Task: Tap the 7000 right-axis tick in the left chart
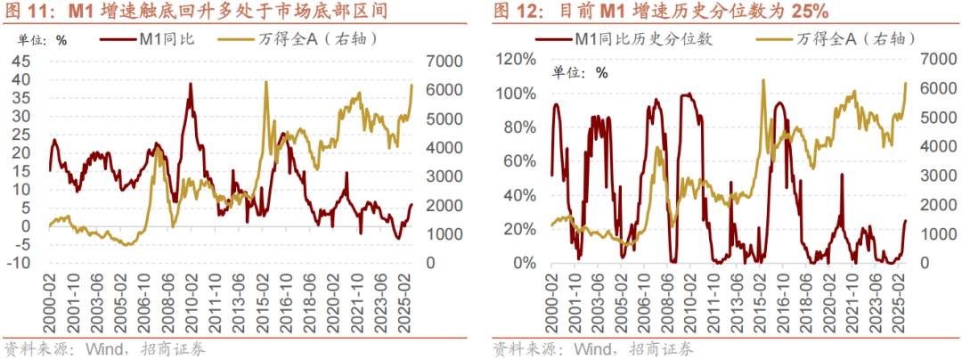[x=436, y=61]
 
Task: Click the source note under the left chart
[x=105, y=348]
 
